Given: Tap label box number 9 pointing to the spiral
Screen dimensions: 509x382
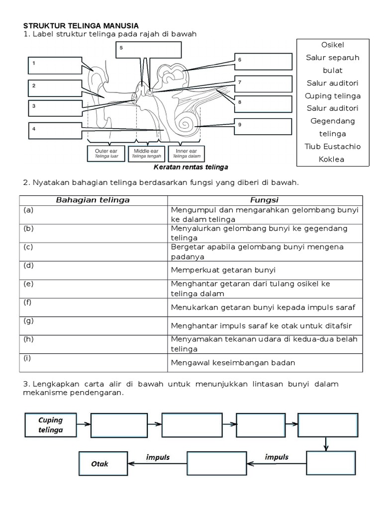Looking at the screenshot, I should tap(263, 127).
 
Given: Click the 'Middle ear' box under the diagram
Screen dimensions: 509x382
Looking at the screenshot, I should tap(146, 153).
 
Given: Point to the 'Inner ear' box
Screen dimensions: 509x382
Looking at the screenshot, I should tap(187, 153).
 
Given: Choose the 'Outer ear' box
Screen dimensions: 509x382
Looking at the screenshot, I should tap(105, 153).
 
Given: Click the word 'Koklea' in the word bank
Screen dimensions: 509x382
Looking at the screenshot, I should tap(333, 159).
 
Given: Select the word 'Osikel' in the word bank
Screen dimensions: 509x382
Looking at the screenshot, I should tap(333, 45).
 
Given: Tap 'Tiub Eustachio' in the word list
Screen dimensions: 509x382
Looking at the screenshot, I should tap(333, 146).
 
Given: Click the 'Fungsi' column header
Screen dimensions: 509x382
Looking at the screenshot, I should tap(265, 200).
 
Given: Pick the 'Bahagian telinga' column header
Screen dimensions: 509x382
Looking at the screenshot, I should tap(93, 200).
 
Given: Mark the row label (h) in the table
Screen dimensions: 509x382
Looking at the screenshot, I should tap(28, 339).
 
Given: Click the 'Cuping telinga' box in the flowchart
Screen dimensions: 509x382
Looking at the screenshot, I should tap(51, 425).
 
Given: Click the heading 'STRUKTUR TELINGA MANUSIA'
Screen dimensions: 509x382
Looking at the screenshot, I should tap(81, 25).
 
